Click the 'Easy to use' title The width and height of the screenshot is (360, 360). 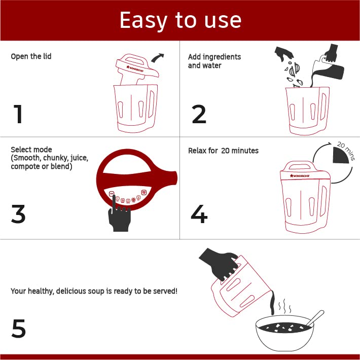point(180,20)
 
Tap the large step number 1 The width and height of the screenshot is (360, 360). point(18,114)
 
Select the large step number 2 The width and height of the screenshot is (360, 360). point(199,114)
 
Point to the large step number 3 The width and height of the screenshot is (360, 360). point(18,214)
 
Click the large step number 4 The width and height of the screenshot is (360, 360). point(199,214)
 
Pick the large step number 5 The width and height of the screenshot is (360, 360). point(18,329)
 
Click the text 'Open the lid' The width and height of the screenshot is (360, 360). point(31,56)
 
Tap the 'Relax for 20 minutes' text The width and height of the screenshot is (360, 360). point(223,151)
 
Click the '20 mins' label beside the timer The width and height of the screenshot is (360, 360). point(347,151)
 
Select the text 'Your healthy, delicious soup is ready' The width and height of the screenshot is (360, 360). point(94,292)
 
